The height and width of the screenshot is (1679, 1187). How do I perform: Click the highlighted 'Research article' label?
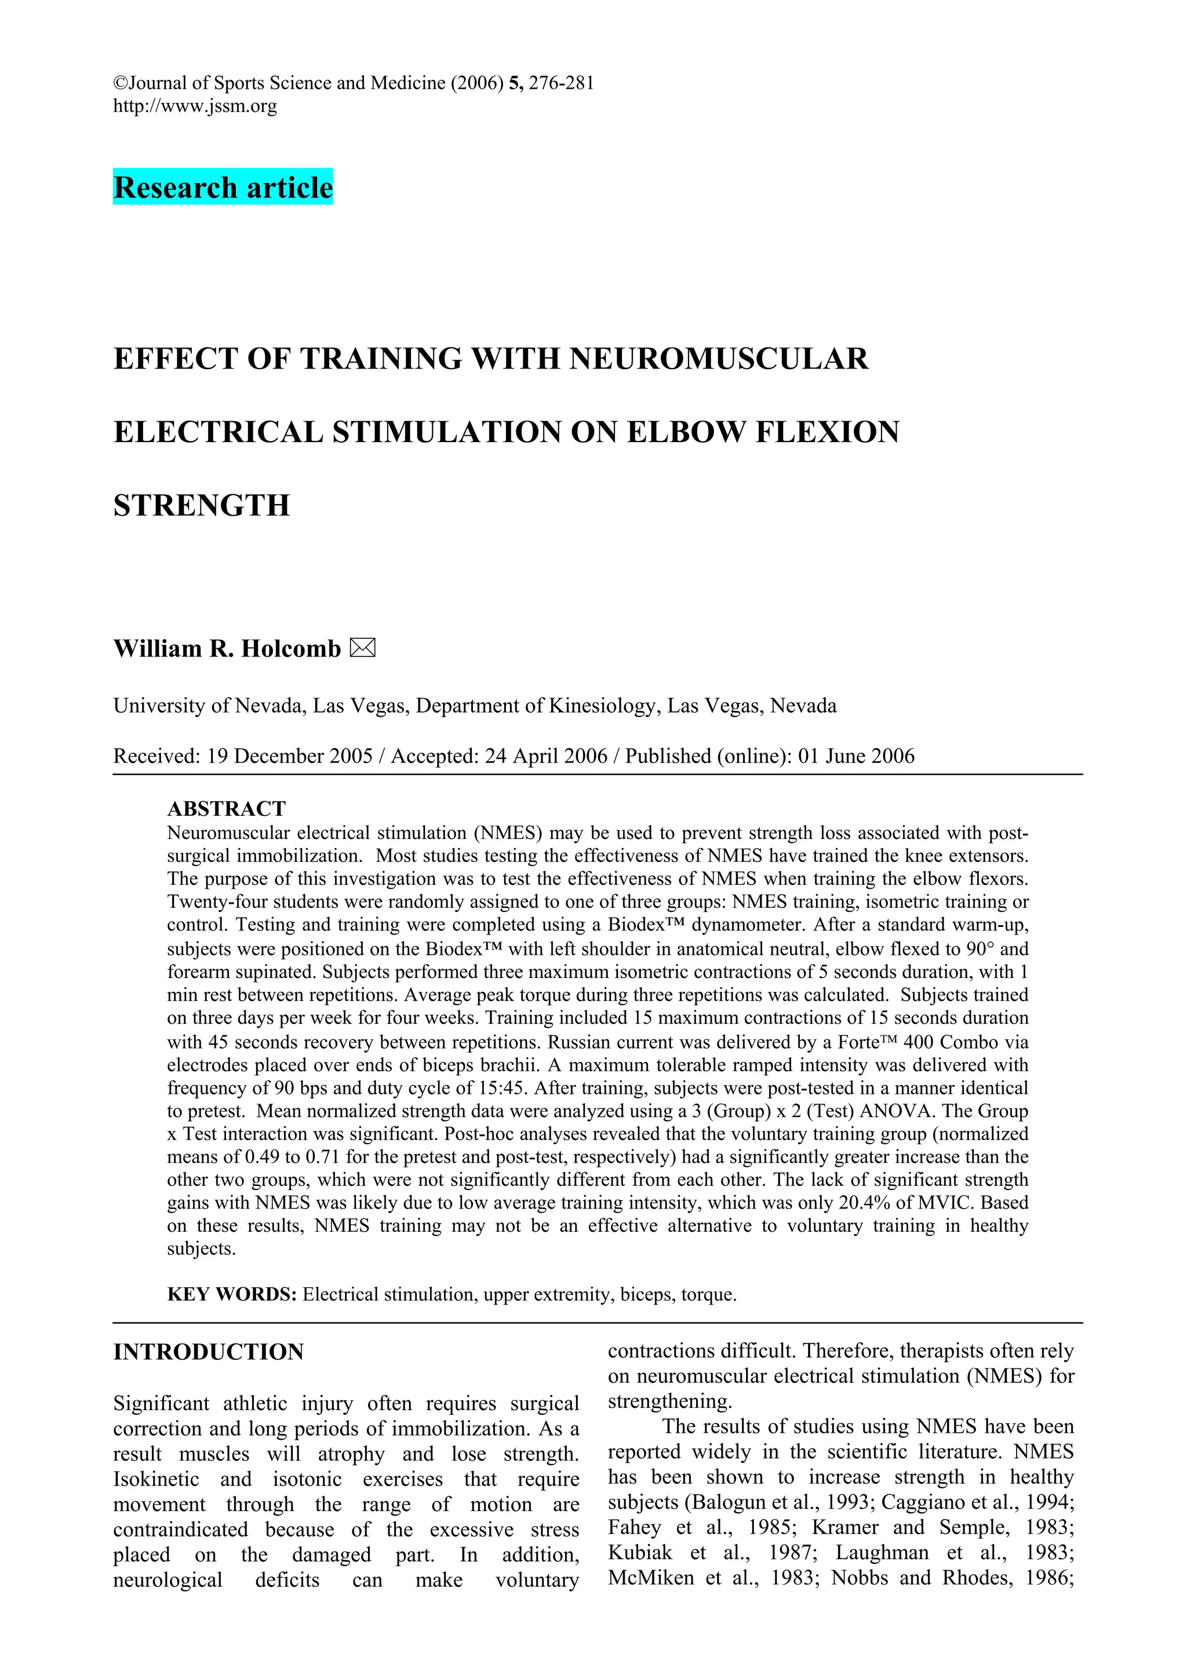pos(223,187)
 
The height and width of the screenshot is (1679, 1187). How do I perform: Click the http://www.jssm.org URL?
pos(195,107)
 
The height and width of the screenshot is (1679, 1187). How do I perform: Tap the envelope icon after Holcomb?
pos(362,648)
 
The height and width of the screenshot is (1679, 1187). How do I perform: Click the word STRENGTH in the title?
pos(201,505)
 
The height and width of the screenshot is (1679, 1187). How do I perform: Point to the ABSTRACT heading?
pos(226,808)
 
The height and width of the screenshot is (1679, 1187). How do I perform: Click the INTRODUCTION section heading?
pos(209,1352)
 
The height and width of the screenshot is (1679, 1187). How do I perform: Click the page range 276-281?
pos(561,83)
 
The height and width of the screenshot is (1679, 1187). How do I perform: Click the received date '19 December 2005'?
pos(290,755)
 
